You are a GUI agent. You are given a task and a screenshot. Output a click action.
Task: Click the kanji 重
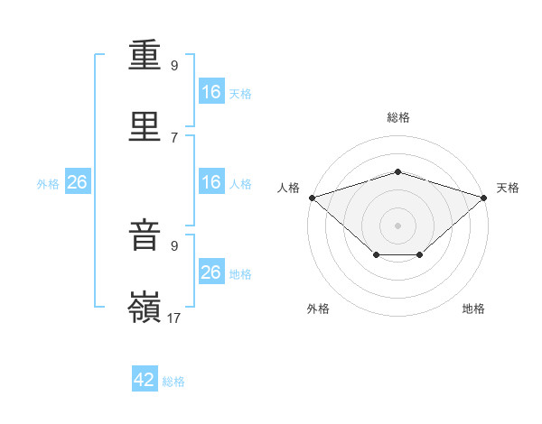[145, 55]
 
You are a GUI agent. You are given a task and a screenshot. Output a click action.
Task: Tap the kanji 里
[145, 126]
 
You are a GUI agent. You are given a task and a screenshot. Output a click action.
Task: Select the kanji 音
[145, 235]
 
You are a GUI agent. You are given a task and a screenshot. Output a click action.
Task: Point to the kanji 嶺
[145, 307]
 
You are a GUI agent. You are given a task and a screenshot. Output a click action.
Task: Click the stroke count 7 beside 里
[174, 138]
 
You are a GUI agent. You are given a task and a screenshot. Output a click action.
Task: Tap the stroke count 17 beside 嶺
[173, 318]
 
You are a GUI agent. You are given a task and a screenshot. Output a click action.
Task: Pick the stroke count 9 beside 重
[174, 65]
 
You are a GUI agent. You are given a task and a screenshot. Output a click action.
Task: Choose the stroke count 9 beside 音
[174, 246]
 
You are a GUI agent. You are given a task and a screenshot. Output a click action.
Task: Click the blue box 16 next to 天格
[211, 91]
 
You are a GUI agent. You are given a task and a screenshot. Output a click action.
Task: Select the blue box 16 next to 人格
[211, 181]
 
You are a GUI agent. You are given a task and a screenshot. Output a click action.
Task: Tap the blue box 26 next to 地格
[211, 271]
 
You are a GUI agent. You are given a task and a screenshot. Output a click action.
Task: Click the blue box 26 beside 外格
[78, 181]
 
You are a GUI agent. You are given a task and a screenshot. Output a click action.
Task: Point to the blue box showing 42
[145, 378]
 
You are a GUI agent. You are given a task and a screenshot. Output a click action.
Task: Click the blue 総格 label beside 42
[173, 382]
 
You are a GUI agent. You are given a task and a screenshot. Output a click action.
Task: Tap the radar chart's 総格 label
[398, 117]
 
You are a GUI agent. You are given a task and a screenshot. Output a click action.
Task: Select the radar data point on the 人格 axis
[313, 198]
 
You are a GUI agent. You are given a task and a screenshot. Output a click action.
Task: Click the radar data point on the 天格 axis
[484, 198]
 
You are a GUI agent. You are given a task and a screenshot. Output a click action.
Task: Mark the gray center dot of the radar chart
[397, 226]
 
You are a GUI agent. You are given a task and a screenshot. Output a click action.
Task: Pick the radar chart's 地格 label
[473, 309]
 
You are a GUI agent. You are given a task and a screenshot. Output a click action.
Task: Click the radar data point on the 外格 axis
[377, 254]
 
